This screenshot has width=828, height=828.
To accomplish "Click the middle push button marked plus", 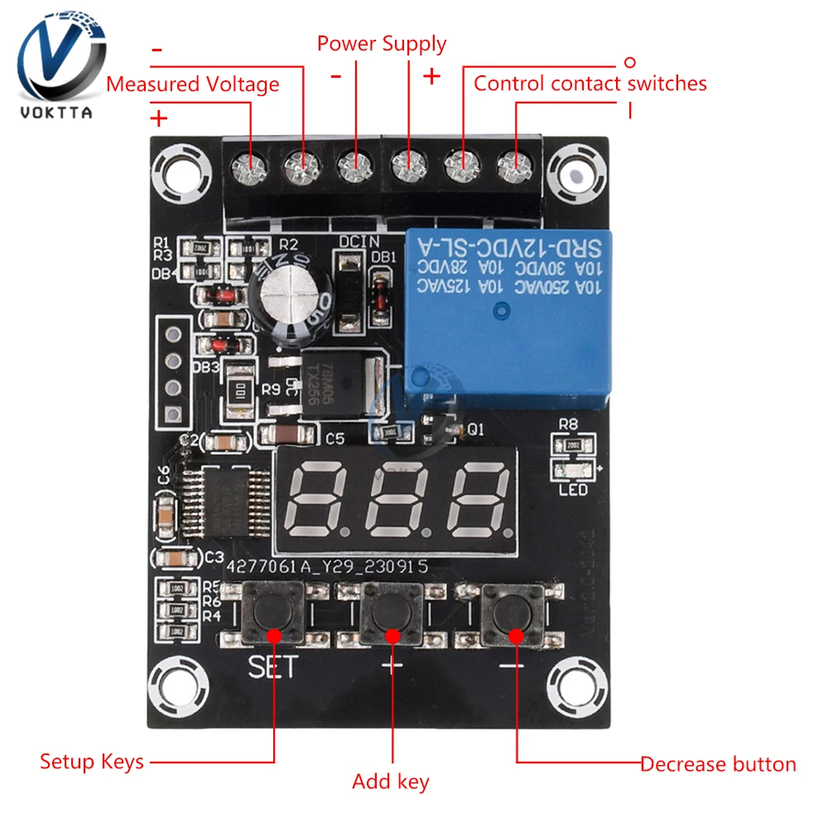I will coord(392,613).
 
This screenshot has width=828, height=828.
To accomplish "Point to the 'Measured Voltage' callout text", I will coord(193,84).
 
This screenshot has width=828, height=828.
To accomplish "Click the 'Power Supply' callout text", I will coord(382,44).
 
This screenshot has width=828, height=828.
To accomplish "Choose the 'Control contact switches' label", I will coord(590,84).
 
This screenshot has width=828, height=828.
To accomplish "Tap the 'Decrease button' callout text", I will coord(718,764).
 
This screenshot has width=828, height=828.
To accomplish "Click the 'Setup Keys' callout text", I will coord(92,762).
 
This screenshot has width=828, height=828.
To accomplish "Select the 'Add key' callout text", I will coord(391,781).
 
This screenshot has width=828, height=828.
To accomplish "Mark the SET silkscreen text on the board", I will coord(272,667).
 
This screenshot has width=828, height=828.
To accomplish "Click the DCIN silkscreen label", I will coord(359,241).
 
